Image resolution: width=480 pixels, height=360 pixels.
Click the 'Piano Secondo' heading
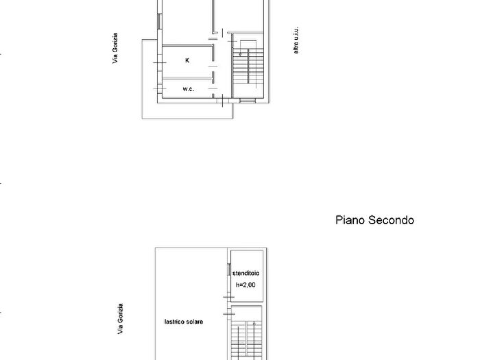click(374, 220)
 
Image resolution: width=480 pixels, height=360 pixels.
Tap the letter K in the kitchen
click(187, 60)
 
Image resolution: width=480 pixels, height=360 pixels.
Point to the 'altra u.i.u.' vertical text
click(296, 42)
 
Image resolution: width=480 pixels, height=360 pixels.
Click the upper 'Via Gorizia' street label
click(117, 48)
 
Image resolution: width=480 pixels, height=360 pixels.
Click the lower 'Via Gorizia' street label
click(120, 319)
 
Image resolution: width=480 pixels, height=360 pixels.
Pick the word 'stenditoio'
click(245, 274)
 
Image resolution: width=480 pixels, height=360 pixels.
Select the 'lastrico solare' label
click(184, 321)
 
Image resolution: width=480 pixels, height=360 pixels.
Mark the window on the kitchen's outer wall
click(160, 64)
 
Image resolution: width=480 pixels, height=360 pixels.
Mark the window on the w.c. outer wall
click(160, 89)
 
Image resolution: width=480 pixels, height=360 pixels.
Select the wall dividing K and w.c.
click(187, 80)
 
